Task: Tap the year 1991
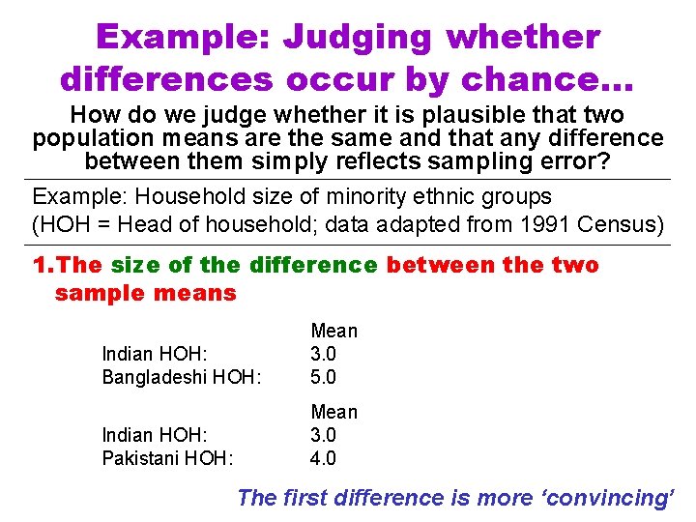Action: [x=525, y=225]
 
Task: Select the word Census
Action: [x=610, y=225]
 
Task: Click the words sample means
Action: [x=145, y=293]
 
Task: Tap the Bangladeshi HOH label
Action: [x=182, y=377]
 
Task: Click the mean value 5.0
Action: [x=323, y=377]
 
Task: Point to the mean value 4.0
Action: [x=323, y=458]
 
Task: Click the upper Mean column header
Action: [x=333, y=331]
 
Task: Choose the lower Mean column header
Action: [x=333, y=412]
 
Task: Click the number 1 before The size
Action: [x=39, y=265]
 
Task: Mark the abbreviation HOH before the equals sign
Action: [x=62, y=225]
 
